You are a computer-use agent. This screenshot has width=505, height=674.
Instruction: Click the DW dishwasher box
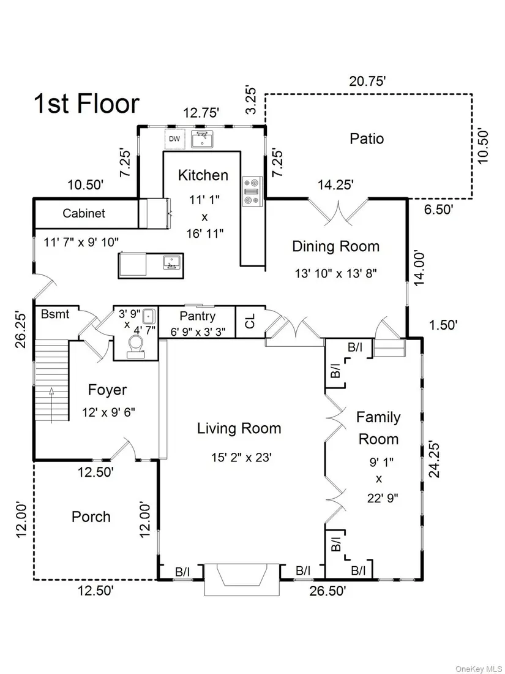tap(175, 139)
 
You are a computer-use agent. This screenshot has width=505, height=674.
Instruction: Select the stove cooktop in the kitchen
tap(250, 192)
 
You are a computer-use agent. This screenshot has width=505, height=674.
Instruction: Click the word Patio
tap(367, 138)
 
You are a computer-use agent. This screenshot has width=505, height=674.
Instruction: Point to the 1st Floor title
tap(86, 104)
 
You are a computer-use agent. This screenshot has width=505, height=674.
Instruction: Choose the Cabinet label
tap(84, 213)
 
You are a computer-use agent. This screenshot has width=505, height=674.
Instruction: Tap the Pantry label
tap(198, 316)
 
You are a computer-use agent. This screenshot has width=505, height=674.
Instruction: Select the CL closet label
tap(250, 321)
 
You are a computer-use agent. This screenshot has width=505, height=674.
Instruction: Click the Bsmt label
tap(55, 314)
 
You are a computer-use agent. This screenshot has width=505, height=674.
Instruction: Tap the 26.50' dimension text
tap(328, 591)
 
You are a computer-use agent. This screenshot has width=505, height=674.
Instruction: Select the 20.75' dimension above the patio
tap(368, 81)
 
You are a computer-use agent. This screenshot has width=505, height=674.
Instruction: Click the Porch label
tap(91, 517)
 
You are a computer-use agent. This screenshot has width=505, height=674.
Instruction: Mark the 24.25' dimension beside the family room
tap(435, 460)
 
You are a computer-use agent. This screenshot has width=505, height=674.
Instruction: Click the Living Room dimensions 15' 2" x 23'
tap(242, 458)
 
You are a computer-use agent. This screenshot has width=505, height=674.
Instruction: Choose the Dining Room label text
tap(336, 246)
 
